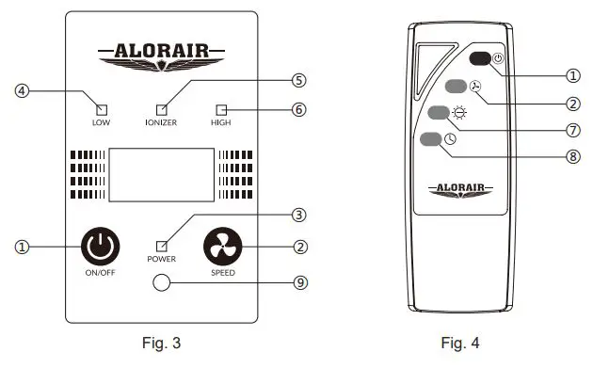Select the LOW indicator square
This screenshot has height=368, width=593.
pyautogui.click(x=101, y=108)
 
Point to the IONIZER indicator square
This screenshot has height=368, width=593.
pyautogui.click(x=162, y=108)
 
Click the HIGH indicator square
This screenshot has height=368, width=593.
pyautogui.click(x=222, y=108)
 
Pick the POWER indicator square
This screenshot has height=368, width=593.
pyautogui.click(x=162, y=247)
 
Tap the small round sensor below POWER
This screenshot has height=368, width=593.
pyautogui.click(x=162, y=282)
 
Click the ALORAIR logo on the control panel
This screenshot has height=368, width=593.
pyautogui.click(x=161, y=52)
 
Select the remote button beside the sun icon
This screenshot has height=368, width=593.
pyautogui.click(x=439, y=113)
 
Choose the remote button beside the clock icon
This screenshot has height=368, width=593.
pyautogui.click(x=430, y=139)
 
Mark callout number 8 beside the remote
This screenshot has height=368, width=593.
pyautogui.click(x=573, y=156)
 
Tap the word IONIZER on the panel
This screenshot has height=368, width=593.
pyautogui.click(x=162, y=123)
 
